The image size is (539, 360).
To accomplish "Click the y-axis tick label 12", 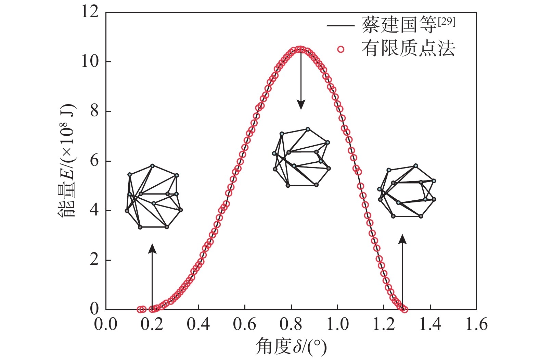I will (x=90, y=12).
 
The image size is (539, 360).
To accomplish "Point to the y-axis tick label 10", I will (x=90, y=62).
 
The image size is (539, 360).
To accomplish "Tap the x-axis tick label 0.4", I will (x=198, y=324).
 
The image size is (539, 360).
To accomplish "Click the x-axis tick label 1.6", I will (x=476, y=324).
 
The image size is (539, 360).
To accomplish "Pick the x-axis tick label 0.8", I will (x=291, y=324).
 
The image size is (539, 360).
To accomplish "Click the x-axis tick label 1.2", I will (x=384, y=324).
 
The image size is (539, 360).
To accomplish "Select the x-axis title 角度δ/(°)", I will (x=291, y=347).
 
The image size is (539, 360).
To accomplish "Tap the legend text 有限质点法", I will (x=408, y=49).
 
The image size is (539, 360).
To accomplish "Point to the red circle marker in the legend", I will (x=341, y=49).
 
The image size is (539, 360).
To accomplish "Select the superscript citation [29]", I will (x=446, y=22).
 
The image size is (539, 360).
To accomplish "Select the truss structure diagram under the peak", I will (x=301, y=158).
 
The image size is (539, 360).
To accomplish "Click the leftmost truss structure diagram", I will (x=154, y=197).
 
